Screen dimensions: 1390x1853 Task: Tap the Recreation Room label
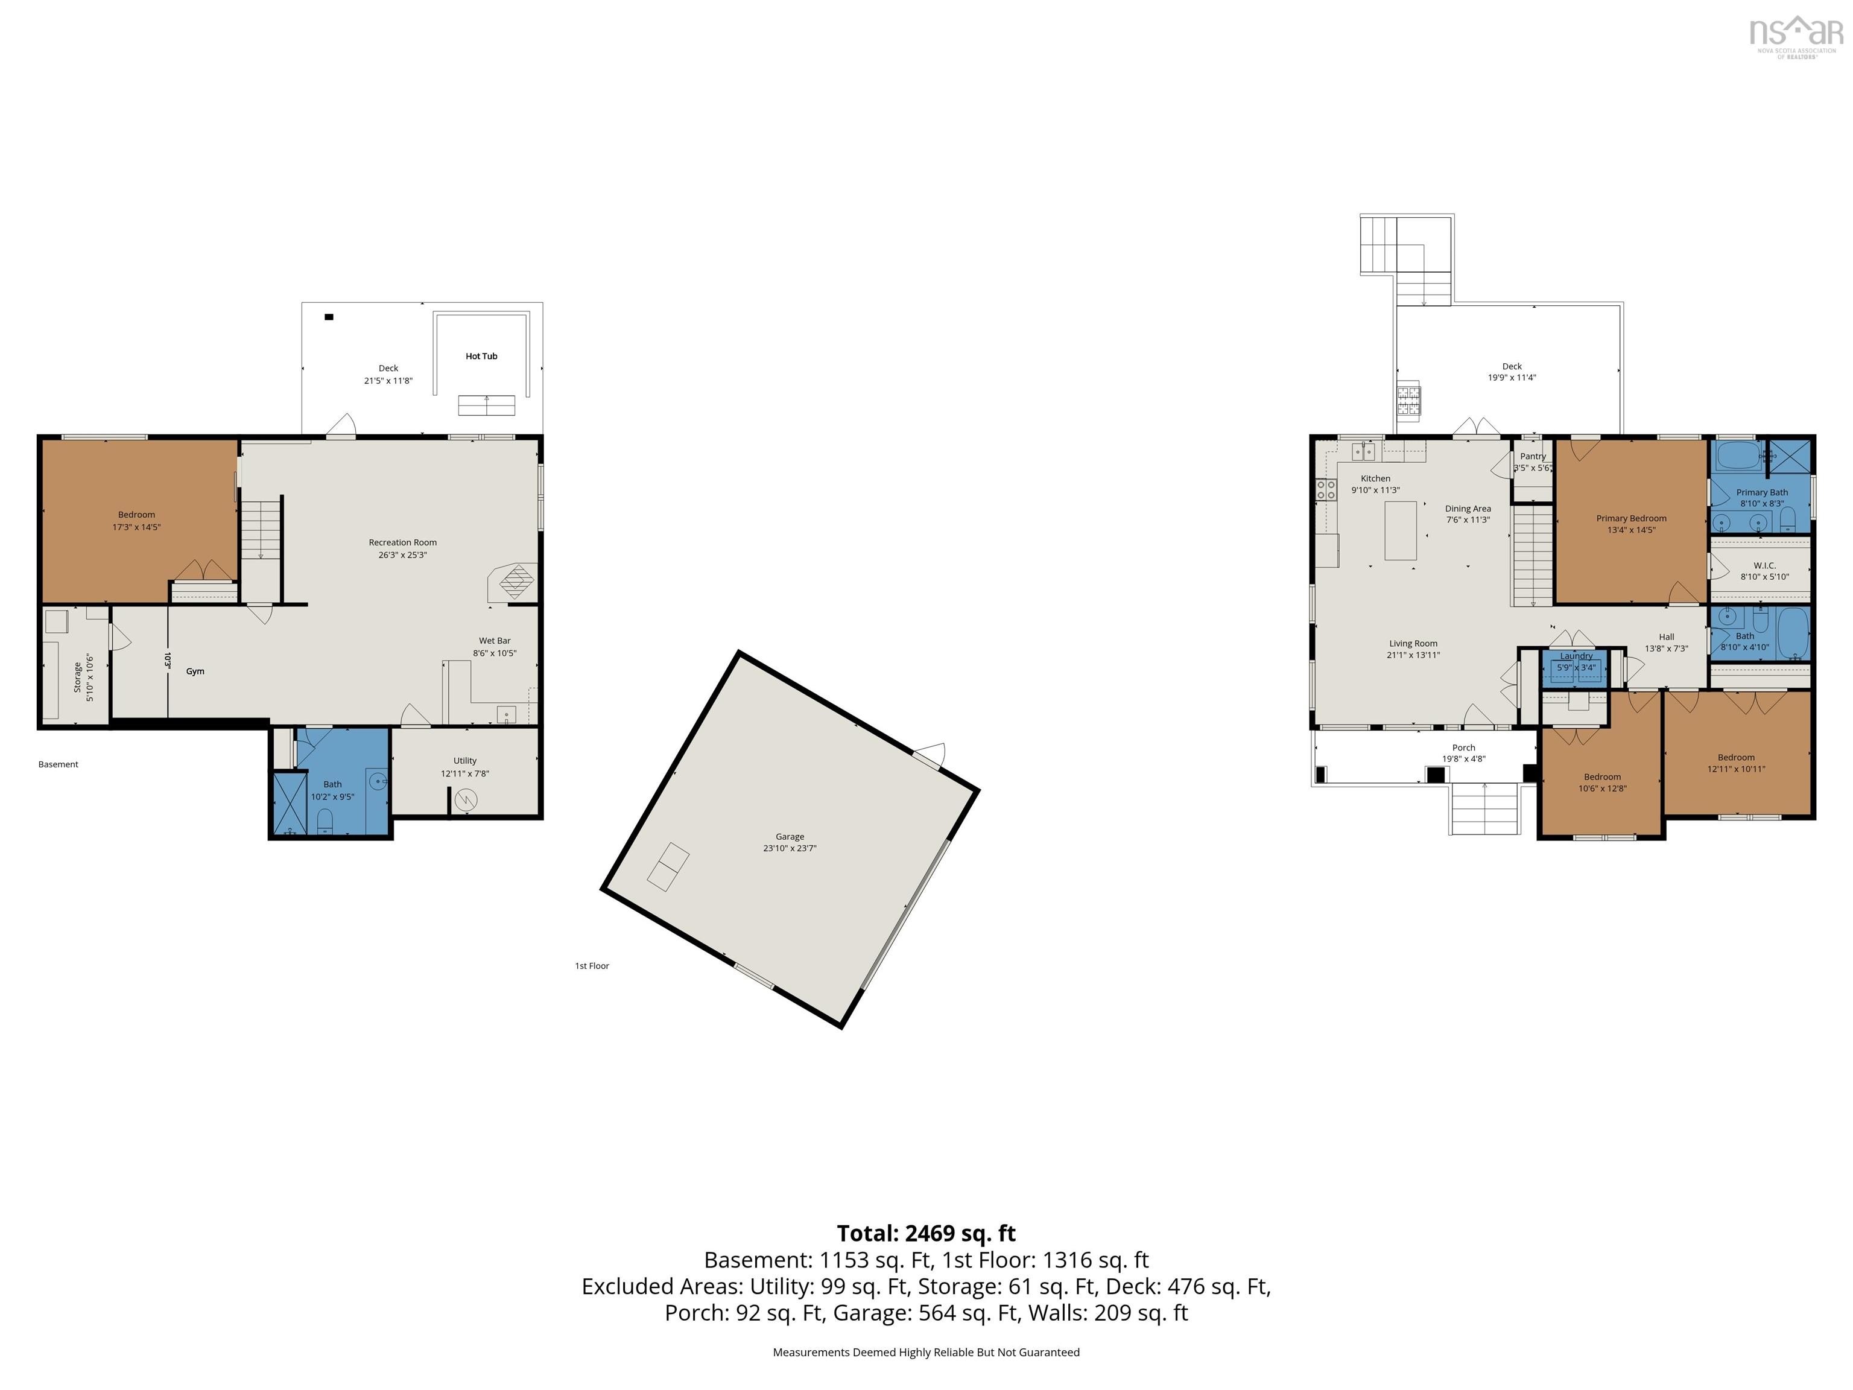pyautogui.click(x=402, y=542)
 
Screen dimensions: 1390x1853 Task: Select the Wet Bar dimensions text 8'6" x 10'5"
pyautogui.click(x=494, y=653)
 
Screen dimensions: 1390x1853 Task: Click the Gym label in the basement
pyautogui.click(x=195, y=671)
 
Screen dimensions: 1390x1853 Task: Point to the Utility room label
pyautogui.click(x=465, y=761)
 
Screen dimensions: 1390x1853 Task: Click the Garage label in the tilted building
pyautogui.click(x=789, y=836)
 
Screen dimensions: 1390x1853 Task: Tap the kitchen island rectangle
pyautogui.click(x=1400, y=530)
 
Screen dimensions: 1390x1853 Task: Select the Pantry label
pyautogui.click(x=1532, y=457)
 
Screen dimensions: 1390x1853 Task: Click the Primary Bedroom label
pyautogui.click(x=1630, y=519)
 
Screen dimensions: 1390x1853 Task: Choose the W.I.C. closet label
pyautogui.click(x=1764, y=565)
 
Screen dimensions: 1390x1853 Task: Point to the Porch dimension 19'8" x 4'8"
pyautogui.click(x=1463, y=759)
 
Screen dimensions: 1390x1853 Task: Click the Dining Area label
pyautogui.click(x=1468, y=509)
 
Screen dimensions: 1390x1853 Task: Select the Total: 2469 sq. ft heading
pyautogui.click(x=926, y=1233)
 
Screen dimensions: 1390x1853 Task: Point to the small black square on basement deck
pyautogui.click(x=329, y=317)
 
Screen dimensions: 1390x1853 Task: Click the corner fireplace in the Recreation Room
pyautogui.click(x=515, y=580)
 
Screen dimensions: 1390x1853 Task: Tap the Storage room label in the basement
pyautogui.click(x=77, y=677)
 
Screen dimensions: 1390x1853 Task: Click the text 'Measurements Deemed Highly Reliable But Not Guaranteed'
pyautogui.click(x=926, y=1353)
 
